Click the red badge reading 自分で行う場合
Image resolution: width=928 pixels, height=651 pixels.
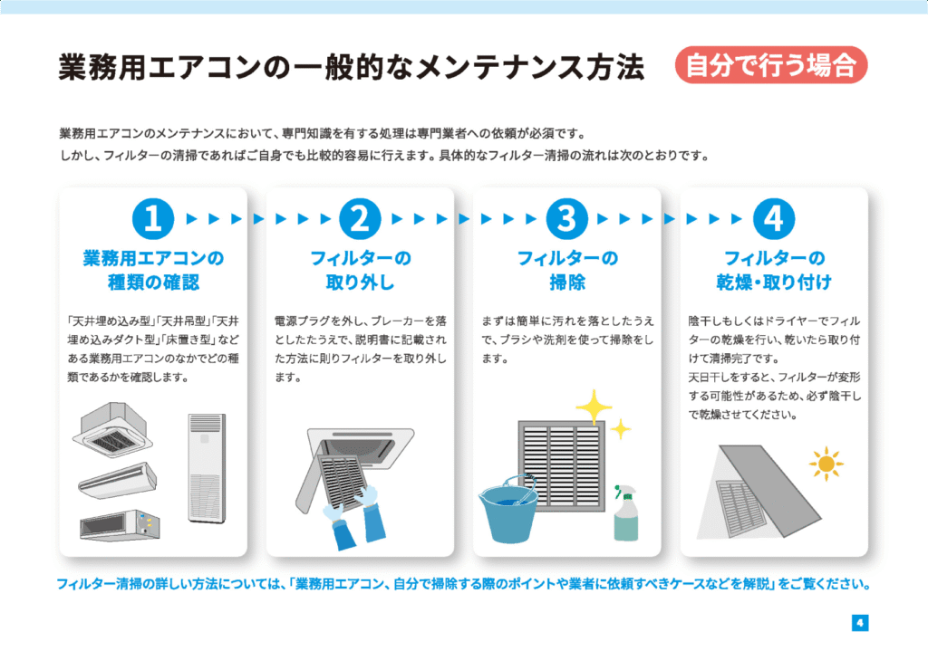[x=771, y=64]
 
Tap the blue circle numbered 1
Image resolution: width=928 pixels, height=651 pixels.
[x=153, y=219]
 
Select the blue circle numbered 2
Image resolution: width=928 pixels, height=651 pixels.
[x=360, y=219]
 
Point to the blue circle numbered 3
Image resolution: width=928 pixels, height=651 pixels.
[x=567, y=219]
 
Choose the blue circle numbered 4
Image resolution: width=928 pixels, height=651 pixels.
[x=774, y=219]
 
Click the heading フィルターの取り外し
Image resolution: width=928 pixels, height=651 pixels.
[x=360, y=270]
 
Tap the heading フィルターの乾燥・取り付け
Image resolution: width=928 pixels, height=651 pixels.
[x=774, y=270]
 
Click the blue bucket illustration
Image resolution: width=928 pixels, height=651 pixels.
[x=507, y=510]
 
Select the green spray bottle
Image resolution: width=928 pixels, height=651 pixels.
[x=625, y=512]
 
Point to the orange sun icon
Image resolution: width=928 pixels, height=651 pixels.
[x=826, y=464]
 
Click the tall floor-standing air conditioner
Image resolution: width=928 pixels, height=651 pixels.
[x=208, y=468]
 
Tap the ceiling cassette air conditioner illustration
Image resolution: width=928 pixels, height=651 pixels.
[x=112, y=429]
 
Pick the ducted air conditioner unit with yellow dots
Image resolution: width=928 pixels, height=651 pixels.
[x=121, y=525]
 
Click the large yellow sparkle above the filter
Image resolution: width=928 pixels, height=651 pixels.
[x=594, y=407]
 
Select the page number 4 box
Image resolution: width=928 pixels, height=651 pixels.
[x=860, y=623]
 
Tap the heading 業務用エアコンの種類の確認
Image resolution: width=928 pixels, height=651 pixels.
[x=153, y=270]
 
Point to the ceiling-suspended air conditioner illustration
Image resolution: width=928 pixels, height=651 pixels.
[x=118, y=480]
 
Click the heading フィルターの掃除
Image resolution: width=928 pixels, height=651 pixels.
[x=567, y=270]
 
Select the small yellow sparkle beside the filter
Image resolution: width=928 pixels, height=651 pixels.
[x=620, y=428]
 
